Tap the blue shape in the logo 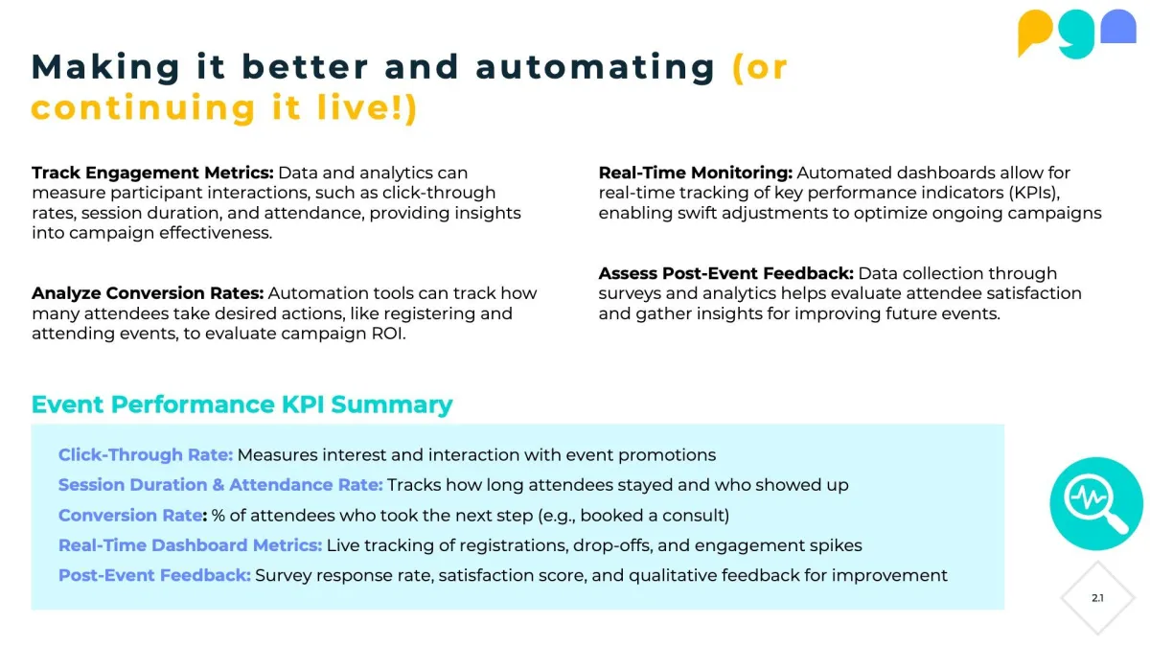click(1118, 27)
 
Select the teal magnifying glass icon click(1096, 503)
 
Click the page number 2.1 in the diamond click(1097, 598)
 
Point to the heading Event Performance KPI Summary click(241, 404)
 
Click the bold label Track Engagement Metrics click(152, 173)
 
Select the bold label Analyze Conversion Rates click(148, 293)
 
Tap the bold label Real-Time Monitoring click(696, 173)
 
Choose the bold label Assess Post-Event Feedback click(726, 273)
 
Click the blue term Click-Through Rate click(146, 455)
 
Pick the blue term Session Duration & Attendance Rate click(220, 485)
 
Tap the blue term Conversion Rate click(130, 515)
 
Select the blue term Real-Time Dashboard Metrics click(190, 545)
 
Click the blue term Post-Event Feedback click(154, 576)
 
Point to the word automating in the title click(595, 68)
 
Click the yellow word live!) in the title click(368, 107)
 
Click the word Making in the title click(105, 68)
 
